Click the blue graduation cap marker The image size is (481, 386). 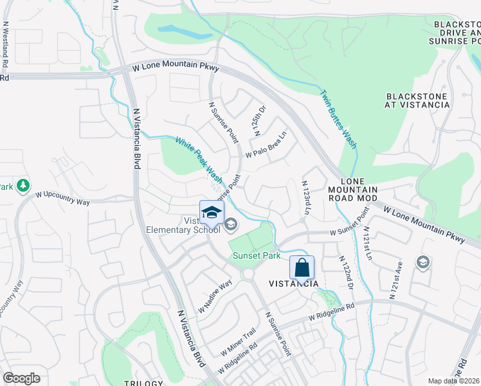[211, 213]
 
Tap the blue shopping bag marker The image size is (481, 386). [302, 267]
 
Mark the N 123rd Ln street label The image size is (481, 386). [306, 198]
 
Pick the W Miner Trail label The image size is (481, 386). [238, 342]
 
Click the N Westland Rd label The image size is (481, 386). [5, 45]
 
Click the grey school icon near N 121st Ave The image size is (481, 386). [423, 262]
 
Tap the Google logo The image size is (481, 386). [21, 378]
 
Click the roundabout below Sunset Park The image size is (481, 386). [248, 275]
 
